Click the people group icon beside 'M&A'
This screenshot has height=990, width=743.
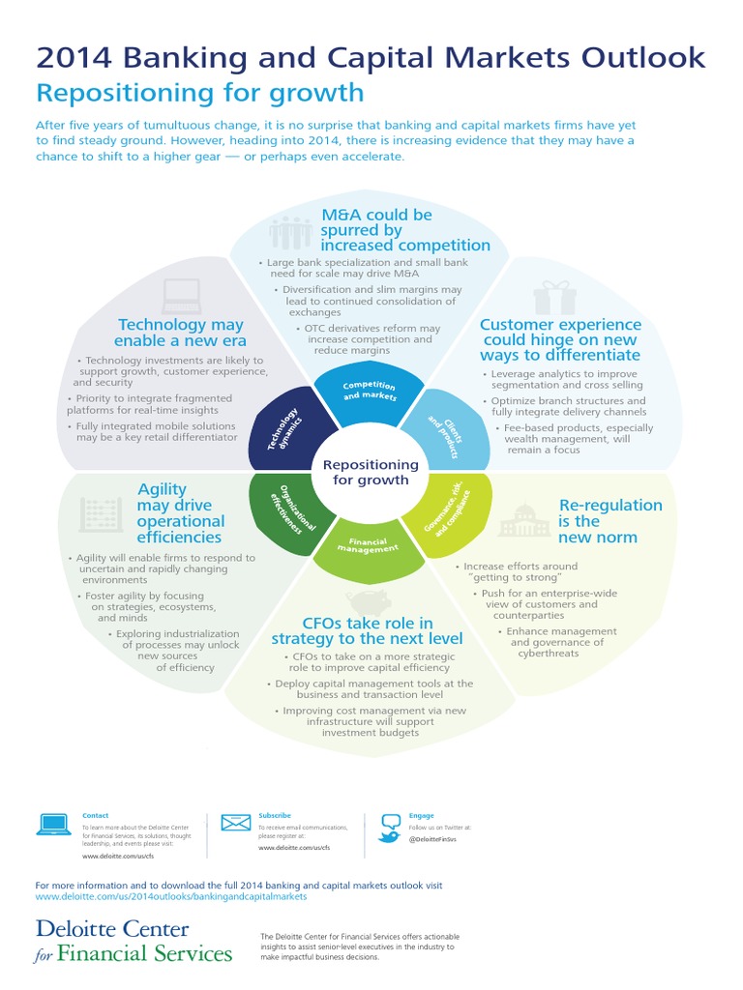point(290,232)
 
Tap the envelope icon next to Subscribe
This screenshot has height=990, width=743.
point(236,824)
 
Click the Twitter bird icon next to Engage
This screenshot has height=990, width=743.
point(390,828)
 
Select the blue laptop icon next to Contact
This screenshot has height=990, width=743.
point(53,824)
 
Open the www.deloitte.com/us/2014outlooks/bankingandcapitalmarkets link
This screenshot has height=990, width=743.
point(170,896)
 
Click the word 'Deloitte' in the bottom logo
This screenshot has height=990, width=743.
point(85,930)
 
